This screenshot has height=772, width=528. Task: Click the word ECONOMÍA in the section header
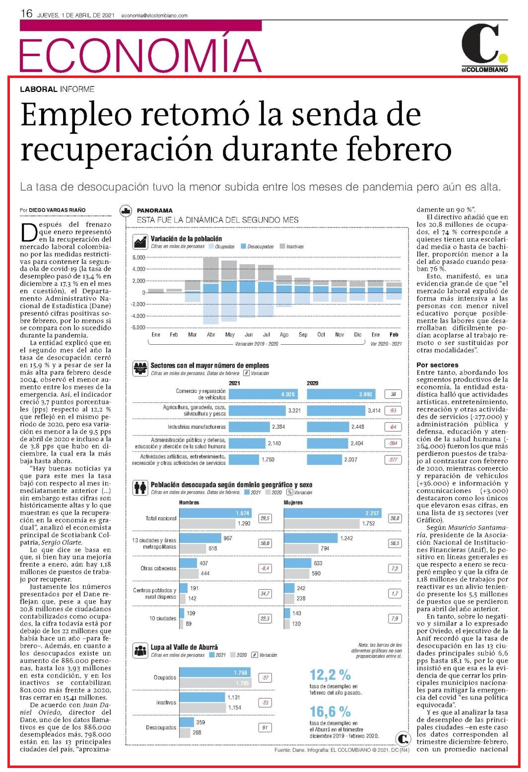[x=140, y=55]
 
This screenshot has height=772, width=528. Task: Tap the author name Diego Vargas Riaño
[x=57, y=210]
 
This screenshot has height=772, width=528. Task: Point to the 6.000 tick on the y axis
[x=138, y=257]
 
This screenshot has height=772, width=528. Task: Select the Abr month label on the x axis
[x=211, y=334]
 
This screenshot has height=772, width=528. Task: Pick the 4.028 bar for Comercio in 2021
[x=264, y=394]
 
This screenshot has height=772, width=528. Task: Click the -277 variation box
[x=393, y=460]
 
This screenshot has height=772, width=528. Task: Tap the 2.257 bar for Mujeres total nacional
[x=333, y=513]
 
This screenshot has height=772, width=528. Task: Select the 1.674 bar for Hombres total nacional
[x=215, y=513]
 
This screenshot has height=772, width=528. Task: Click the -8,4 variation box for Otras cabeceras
[x=265, y=568]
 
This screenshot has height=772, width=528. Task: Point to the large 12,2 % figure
[x=330, y=675]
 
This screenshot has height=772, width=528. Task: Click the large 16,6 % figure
[x=330, y=711]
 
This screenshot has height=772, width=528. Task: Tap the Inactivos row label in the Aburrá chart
[x=166, y=702]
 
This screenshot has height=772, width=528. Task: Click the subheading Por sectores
[x=437, y=365]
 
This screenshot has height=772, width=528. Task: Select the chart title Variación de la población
[x=186, y=238]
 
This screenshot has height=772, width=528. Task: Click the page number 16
[x=26, y=13]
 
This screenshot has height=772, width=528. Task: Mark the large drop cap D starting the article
[x=29, y=232]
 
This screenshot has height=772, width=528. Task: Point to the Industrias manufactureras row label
[x=197, y=427]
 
